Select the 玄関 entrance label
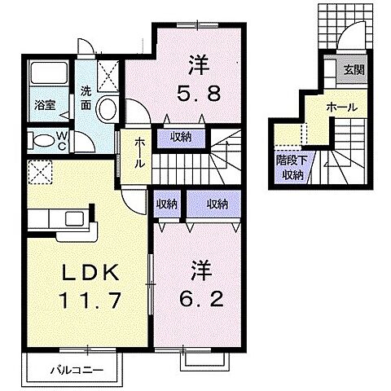point(354,69)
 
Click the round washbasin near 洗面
point(106,109)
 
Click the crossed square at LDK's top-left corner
point(37,173)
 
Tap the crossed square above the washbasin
point(107,76)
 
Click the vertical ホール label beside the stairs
point(138,153)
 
